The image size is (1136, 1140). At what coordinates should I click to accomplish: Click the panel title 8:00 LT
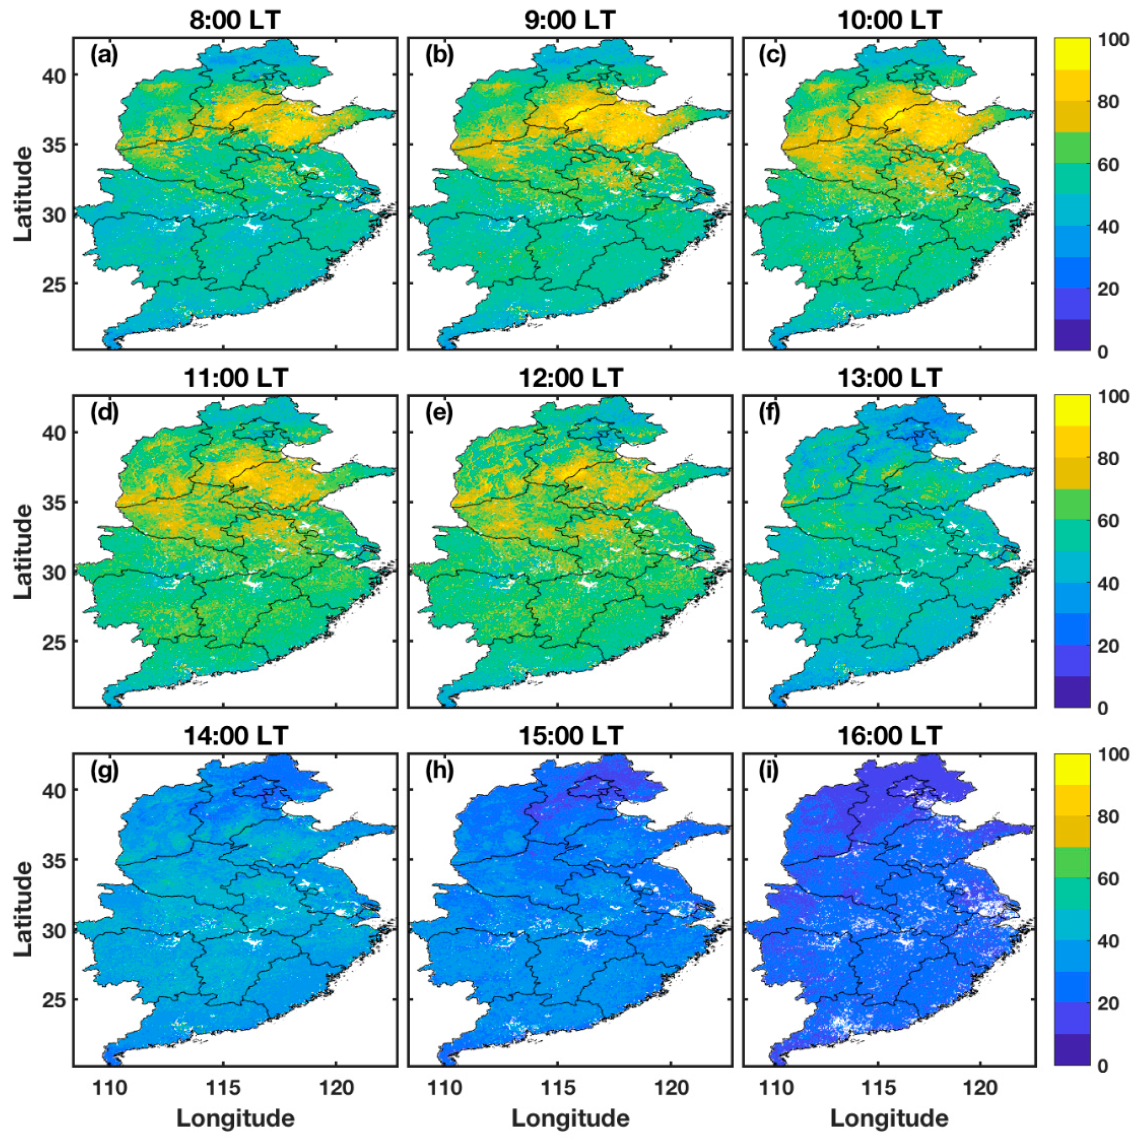(235, 20)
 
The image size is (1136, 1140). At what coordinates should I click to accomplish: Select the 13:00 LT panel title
(890, 378)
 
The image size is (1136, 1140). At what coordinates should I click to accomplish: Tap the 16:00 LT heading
(890, 735)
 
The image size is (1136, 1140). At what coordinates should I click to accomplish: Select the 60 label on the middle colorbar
(1107, 521)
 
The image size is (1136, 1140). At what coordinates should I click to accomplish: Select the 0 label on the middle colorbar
(1102, 708)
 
